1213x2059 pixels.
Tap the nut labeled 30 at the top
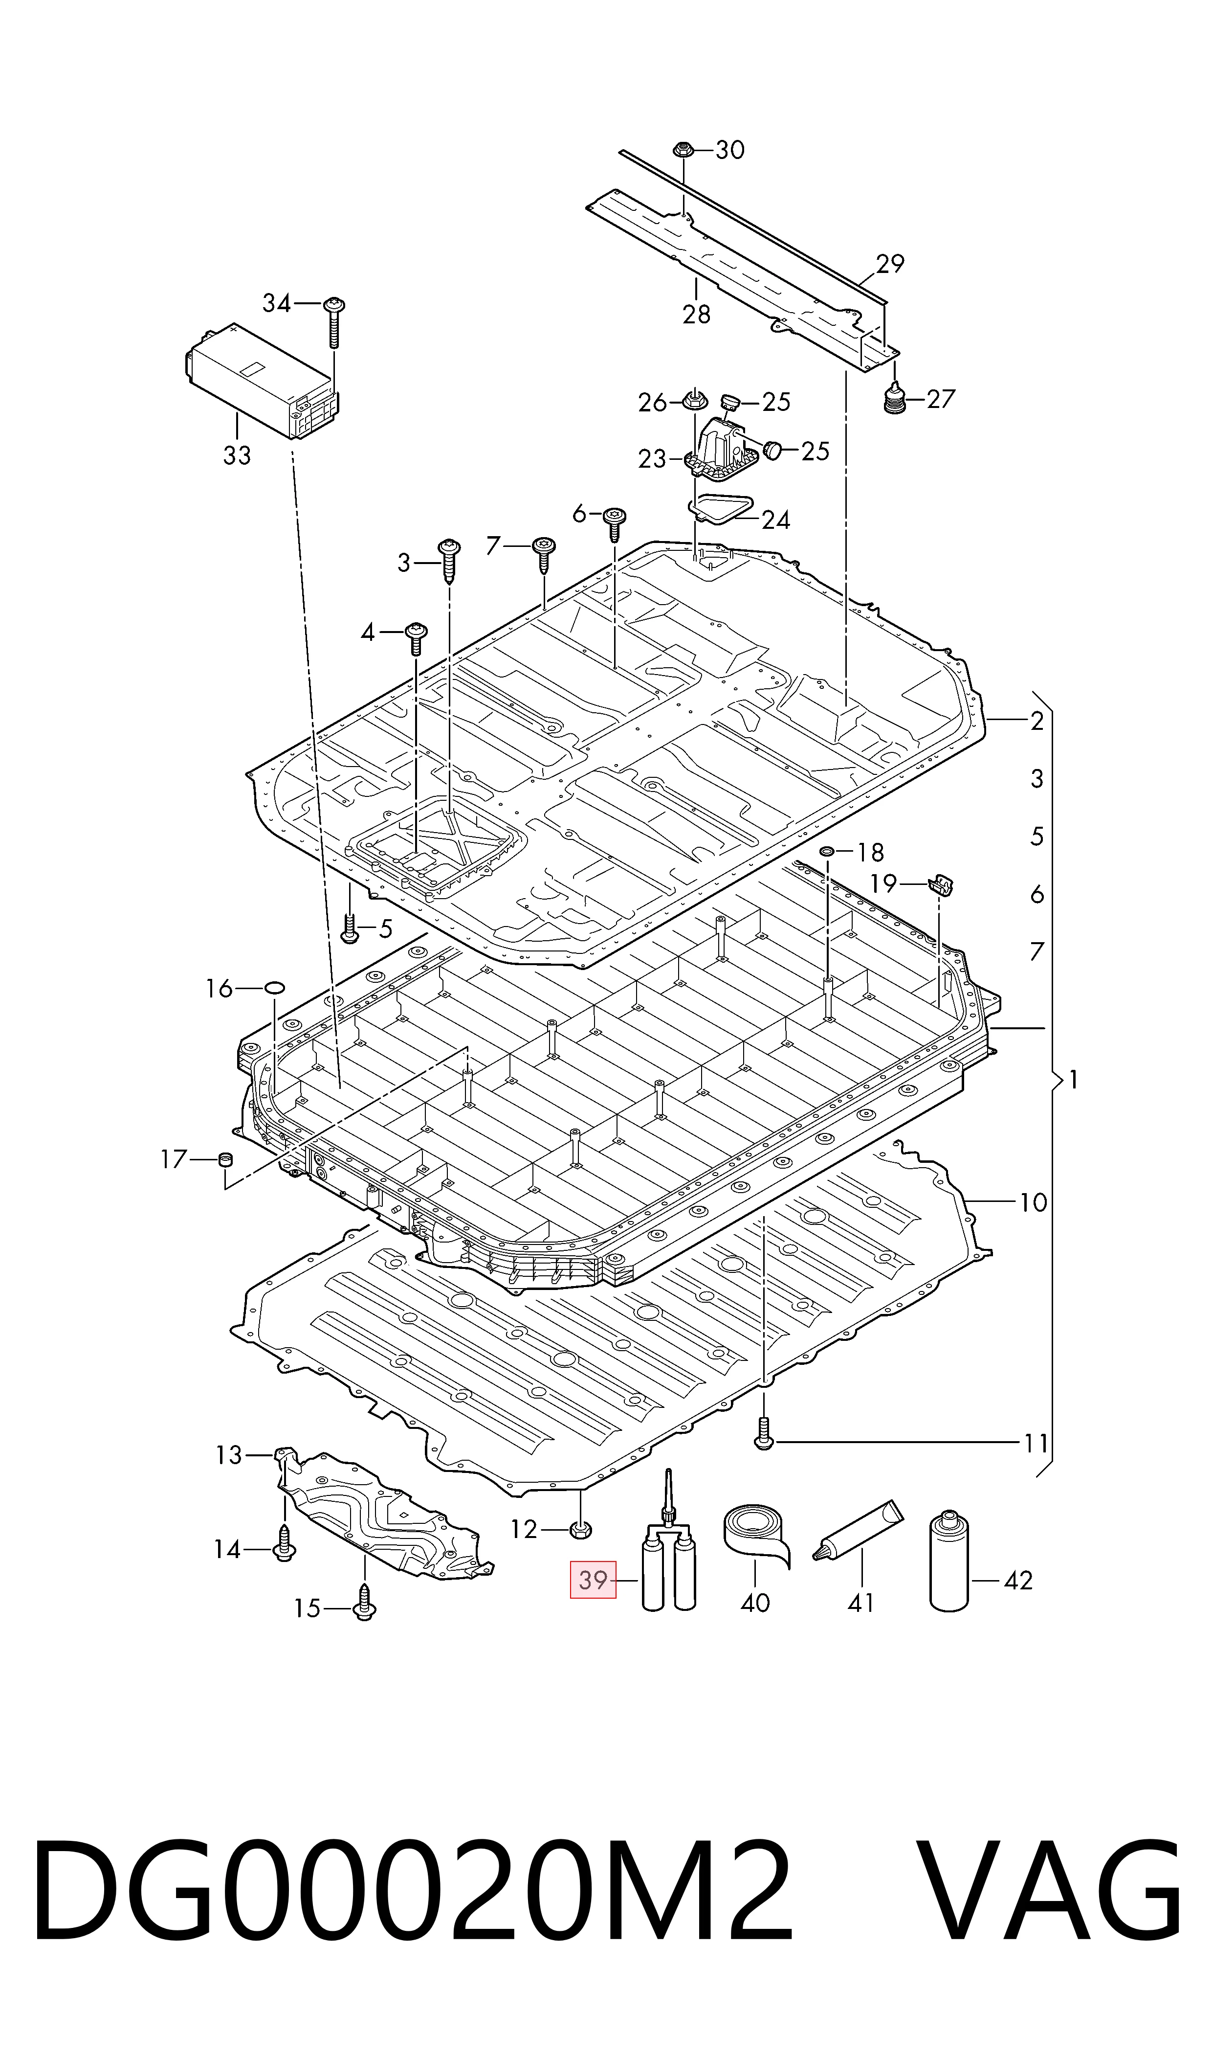pyautogui.click(x=684, y=150)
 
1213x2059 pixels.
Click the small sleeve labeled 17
pyautogui.click(x=225, y=1159)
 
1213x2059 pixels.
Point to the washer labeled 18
pyautogui.click(x=827, y=852)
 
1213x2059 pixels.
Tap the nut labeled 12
pyautogui.click(x=579, y=1527)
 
